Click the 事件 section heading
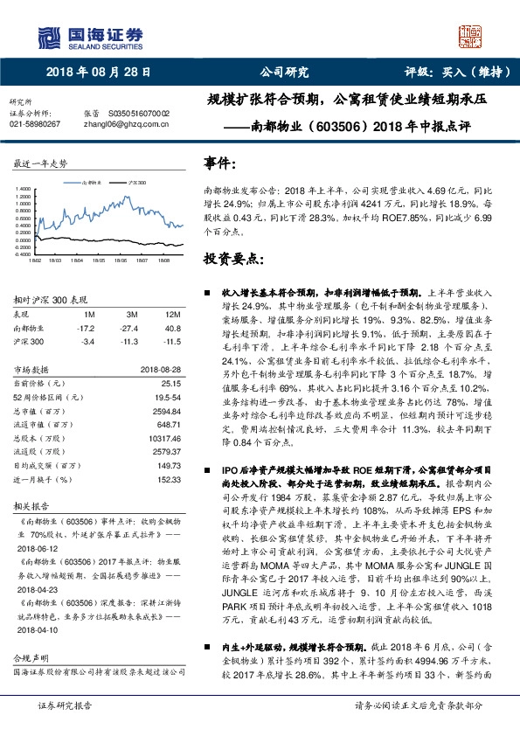(219, 163)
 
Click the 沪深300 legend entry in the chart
(137, 182)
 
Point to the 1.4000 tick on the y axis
(23, 188)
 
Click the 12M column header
(173, 314)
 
